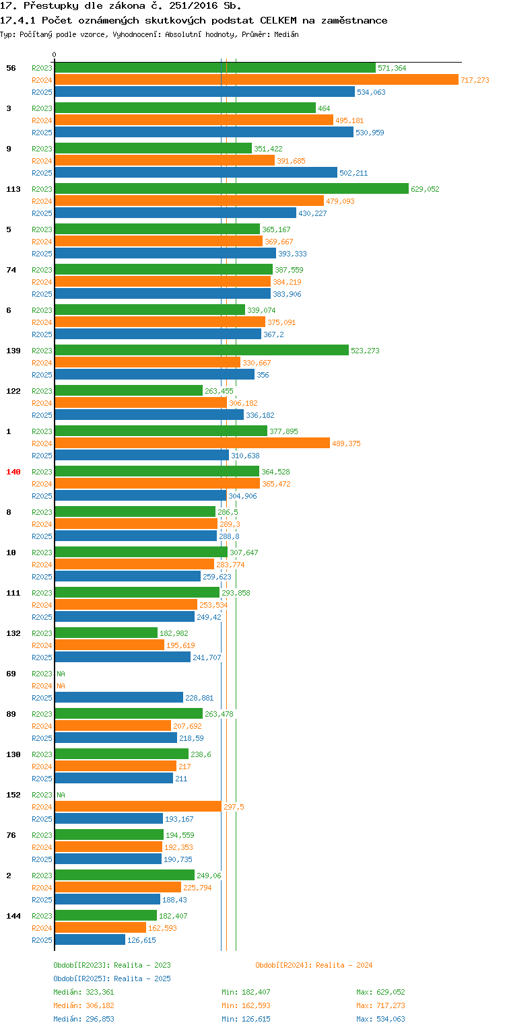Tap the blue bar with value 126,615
pos(90,940)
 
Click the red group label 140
pos(13,472)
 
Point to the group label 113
pos(13,189)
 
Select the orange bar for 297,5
pos(137,807)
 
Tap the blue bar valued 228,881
pos(119,698)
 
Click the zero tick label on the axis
pos(55,55)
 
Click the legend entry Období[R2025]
pos(82,979)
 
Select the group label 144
pos(13,916)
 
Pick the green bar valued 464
pos(184,108)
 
